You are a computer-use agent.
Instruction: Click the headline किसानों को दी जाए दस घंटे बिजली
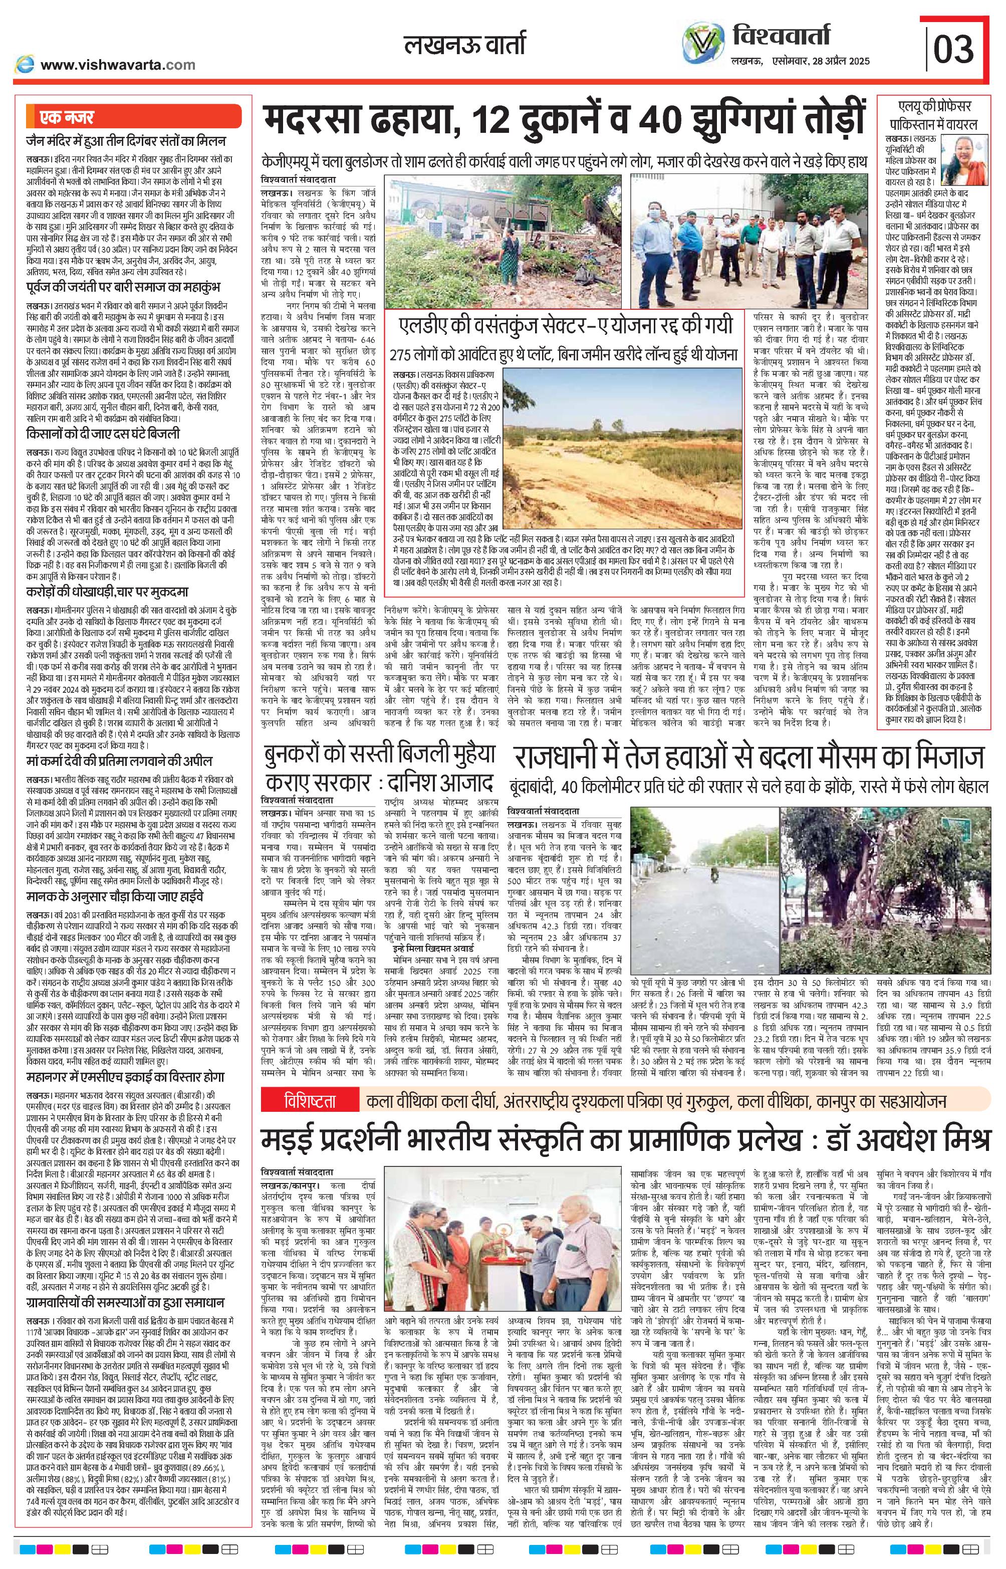click(x=103, y=434)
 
